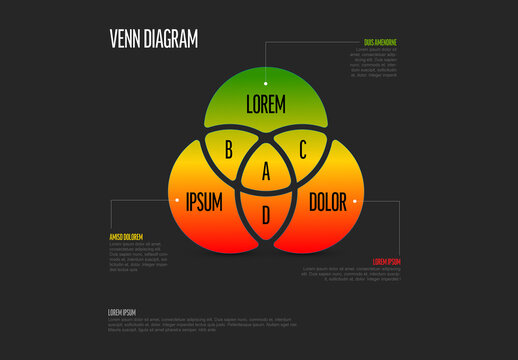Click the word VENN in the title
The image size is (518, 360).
(x=125, y=38)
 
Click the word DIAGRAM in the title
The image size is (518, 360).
(x=170, y=38)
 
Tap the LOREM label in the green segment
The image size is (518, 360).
(x=266, y=103)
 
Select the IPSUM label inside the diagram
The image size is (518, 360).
(x=204, y=201)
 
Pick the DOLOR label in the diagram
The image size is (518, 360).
(x=328, y=201)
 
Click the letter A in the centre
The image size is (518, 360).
(x=266, y=172)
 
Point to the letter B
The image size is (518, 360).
(x=228, y=151)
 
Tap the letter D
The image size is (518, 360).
(x=266, y=213)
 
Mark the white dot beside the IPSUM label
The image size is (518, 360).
(x=177, y=200)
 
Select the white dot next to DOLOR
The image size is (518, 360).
(x=355, y=200)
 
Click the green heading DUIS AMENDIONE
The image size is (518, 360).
(x=381, y=42)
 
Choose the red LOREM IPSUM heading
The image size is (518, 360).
(x=386, y=261)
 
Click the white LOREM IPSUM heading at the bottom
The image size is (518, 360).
(x=121, y=312)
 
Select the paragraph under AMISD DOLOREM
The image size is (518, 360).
(x=138, y=256)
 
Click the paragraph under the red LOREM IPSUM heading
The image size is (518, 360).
(x=351, y=274)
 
